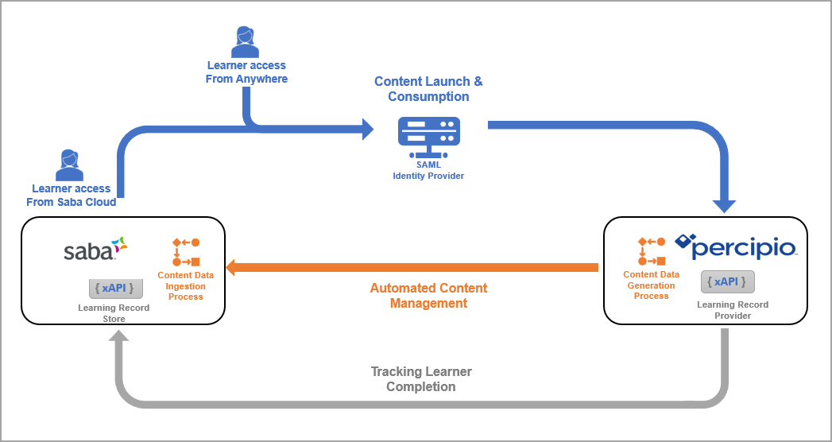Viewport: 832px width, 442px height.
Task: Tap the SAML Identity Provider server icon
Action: pos(428,138)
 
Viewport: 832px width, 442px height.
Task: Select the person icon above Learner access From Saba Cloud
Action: pos(70,165)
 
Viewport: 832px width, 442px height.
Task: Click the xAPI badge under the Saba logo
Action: pos(116,288)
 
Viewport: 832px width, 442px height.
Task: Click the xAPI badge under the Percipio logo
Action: pos(728,282)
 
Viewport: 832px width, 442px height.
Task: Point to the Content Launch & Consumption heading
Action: pos(428,89)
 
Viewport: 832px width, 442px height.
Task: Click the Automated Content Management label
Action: pos(428,295)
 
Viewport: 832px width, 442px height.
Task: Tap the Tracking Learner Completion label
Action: pos(421,379)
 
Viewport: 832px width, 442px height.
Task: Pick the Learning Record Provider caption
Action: pos(733,310)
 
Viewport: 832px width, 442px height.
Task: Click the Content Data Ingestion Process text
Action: pos(185,286)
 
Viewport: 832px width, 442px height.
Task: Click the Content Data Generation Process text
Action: pos(651,285)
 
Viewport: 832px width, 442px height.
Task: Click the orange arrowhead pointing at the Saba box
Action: pos(234,267)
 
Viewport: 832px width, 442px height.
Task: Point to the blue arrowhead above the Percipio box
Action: pos(724,205)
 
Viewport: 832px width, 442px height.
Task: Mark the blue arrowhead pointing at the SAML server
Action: pos(368,129)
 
